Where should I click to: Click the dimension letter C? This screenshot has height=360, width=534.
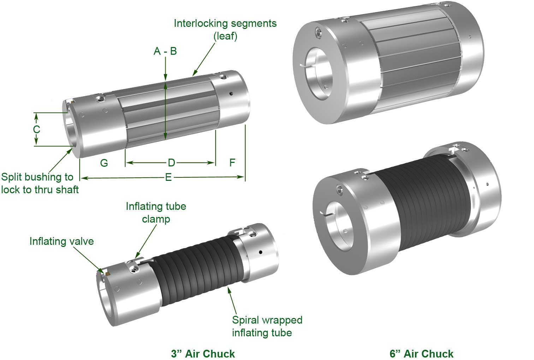click(36, 129)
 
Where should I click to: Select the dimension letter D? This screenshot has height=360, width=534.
click(171, 163)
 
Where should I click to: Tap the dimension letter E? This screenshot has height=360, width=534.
click(168, 177)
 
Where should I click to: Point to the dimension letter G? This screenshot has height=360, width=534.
click(104, 163)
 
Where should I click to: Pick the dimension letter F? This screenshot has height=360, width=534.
click(232, 163)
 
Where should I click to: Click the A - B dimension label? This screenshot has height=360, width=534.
click(165, 52)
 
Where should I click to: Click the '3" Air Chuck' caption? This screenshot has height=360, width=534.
click(203, 353)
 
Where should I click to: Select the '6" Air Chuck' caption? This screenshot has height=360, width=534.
click(421, 353)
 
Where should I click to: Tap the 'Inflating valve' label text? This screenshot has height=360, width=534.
click(61, 241)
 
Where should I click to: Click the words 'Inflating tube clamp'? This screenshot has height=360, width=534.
click(156, 212)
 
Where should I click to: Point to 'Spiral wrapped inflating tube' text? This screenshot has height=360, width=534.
click(267, 326)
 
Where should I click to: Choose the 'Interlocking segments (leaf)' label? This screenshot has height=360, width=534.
click(225, 29)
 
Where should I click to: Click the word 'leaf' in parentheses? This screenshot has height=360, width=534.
click(225, 36)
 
